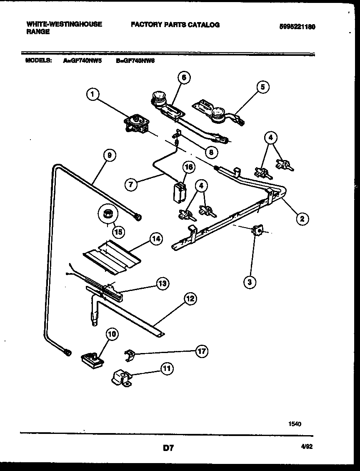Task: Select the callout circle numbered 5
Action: tap(262, 87)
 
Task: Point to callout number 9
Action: tap(109, 155)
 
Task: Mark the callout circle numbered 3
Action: tap(250, 282)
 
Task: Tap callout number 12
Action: tap(190, 298)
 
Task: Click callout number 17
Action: tap(202, 351)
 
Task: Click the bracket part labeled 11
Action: tap(120, 378)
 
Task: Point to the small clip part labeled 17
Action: tap(130, 355)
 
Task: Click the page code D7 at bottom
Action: tap(168, 448)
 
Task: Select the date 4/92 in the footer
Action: tap(307, 446)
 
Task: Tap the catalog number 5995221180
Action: tap(297, 26)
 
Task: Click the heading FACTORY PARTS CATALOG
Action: tap(175, 25)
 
